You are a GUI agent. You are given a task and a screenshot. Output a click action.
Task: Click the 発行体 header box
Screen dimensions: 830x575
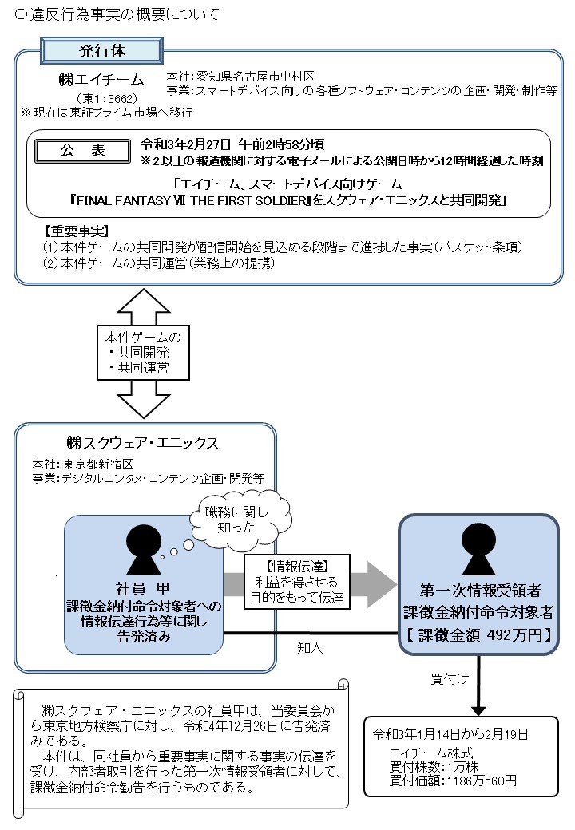(95, 49)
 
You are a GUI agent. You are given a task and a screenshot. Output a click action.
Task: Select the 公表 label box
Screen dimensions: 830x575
(81, 150)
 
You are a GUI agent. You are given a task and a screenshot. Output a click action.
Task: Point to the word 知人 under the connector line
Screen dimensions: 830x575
(310, 648)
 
